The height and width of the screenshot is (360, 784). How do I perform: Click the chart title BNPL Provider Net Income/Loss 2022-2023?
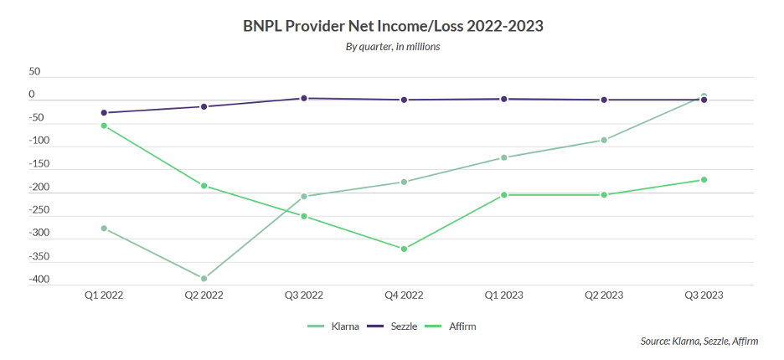coord(393,26)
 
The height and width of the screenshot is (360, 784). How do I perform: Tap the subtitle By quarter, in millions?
coord(393,47)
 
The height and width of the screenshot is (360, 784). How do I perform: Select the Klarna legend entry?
coord(334,326)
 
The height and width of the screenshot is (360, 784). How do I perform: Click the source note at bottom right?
coord(698,342)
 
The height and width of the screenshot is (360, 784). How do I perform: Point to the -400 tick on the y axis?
coord(39,280)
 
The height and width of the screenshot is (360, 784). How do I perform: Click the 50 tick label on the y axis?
coord(34,72)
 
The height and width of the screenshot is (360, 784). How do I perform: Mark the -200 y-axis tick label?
coord(39,188)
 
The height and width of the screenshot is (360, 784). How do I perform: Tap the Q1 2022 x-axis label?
coord(103,296)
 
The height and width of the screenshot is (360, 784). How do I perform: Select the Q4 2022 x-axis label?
coord(404,296)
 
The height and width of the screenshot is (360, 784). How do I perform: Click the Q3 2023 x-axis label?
coord(704,296)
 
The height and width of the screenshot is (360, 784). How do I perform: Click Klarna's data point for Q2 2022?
coord(204,279)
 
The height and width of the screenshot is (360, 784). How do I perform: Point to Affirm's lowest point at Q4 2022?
coord(404,249)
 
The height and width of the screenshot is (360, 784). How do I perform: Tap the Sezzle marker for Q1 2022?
coord(104,112)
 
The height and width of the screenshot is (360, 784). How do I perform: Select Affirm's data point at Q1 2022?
coord(104,126)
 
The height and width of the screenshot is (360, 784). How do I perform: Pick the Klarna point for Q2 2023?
coord(604,140)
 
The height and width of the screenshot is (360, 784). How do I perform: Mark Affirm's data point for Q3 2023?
coord(704,179)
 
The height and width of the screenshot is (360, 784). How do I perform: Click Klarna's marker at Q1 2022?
coord(104,229)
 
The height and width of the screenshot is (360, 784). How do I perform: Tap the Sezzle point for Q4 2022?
coord(404,100)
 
